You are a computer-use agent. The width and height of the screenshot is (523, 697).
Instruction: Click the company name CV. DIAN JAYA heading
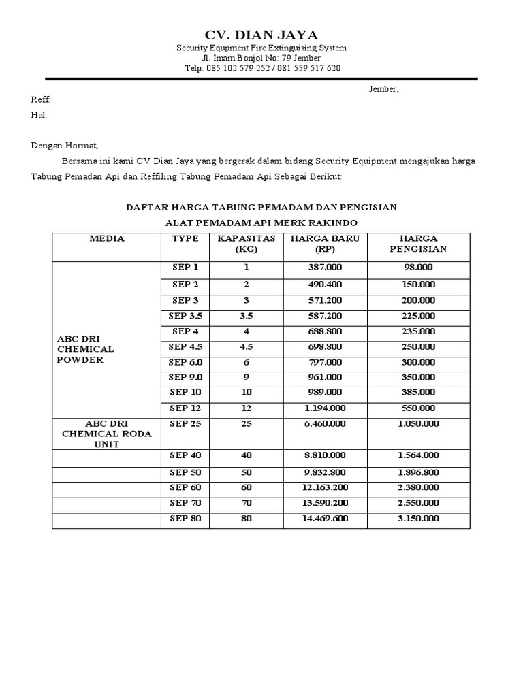click(x=261, y=35)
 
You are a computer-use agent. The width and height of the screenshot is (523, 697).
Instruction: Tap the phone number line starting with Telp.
click(x=262, y=68)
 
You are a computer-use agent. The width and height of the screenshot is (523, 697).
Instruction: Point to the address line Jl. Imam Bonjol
click(x=262, y=58)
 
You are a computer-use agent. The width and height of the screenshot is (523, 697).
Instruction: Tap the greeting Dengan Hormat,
click(x=65, y=146)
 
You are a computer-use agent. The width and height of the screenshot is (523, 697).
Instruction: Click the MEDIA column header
click(x=107, y=238)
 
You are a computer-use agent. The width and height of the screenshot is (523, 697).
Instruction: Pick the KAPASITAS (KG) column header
click(x=246, y=244)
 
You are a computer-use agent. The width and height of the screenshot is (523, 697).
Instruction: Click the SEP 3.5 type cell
click(x=186, y=316)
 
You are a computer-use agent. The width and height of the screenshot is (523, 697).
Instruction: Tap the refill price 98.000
click(x=418, y=267)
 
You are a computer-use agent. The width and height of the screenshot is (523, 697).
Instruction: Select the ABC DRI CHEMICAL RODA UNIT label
click(x=107, y=434)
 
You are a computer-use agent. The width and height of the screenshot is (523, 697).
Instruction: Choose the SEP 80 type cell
click(x=186, y=519)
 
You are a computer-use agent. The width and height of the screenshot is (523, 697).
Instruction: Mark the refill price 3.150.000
click(x=418, y=519)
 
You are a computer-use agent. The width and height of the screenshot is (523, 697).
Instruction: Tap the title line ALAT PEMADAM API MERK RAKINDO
click(x=261, y=223)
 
